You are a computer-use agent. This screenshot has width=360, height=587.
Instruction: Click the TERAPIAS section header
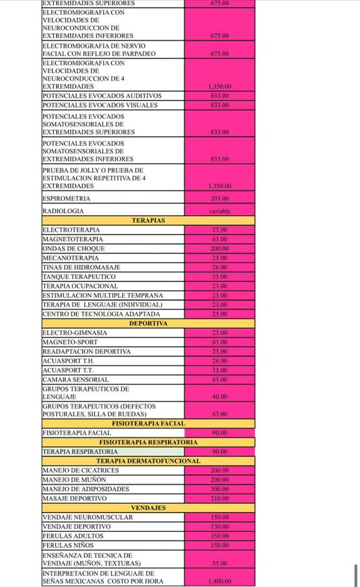[x=148, y=220]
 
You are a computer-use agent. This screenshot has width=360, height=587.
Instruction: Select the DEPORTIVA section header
[x=148, y=323]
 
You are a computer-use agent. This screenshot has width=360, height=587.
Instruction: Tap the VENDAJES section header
[x=148, y=508]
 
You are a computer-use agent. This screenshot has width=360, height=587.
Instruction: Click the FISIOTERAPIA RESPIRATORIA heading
[x=148, y=443]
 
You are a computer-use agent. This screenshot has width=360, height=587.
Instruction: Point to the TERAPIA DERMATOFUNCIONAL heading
[x=148, y=461]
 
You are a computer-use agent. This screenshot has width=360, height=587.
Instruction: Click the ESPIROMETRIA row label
[x=66, y=198]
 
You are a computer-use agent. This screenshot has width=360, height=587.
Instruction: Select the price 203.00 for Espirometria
[x=220, y=198]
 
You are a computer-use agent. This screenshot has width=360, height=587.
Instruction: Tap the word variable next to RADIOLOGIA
[x=220, y=211]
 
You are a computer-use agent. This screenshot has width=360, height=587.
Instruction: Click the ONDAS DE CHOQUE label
[x=74, y=249]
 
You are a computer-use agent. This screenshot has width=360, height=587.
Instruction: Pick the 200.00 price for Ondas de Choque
[x=220, y=249]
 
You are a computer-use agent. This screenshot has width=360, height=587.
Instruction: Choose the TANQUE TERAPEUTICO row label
[x=79, y=277]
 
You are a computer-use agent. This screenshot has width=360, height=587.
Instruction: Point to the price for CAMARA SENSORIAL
[x=220, y=379]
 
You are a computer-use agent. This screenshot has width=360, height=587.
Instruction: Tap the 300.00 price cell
[x=220, y=489]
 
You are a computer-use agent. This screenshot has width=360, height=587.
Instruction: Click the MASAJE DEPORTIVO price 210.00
[x=220, y=499]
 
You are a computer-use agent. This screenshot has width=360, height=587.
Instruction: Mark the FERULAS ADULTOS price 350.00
[x=220, y=536]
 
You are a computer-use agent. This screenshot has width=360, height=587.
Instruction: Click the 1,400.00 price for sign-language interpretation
[x=220, y=581]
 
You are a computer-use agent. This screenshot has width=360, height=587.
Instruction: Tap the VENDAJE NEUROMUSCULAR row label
[x=88, y=517]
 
